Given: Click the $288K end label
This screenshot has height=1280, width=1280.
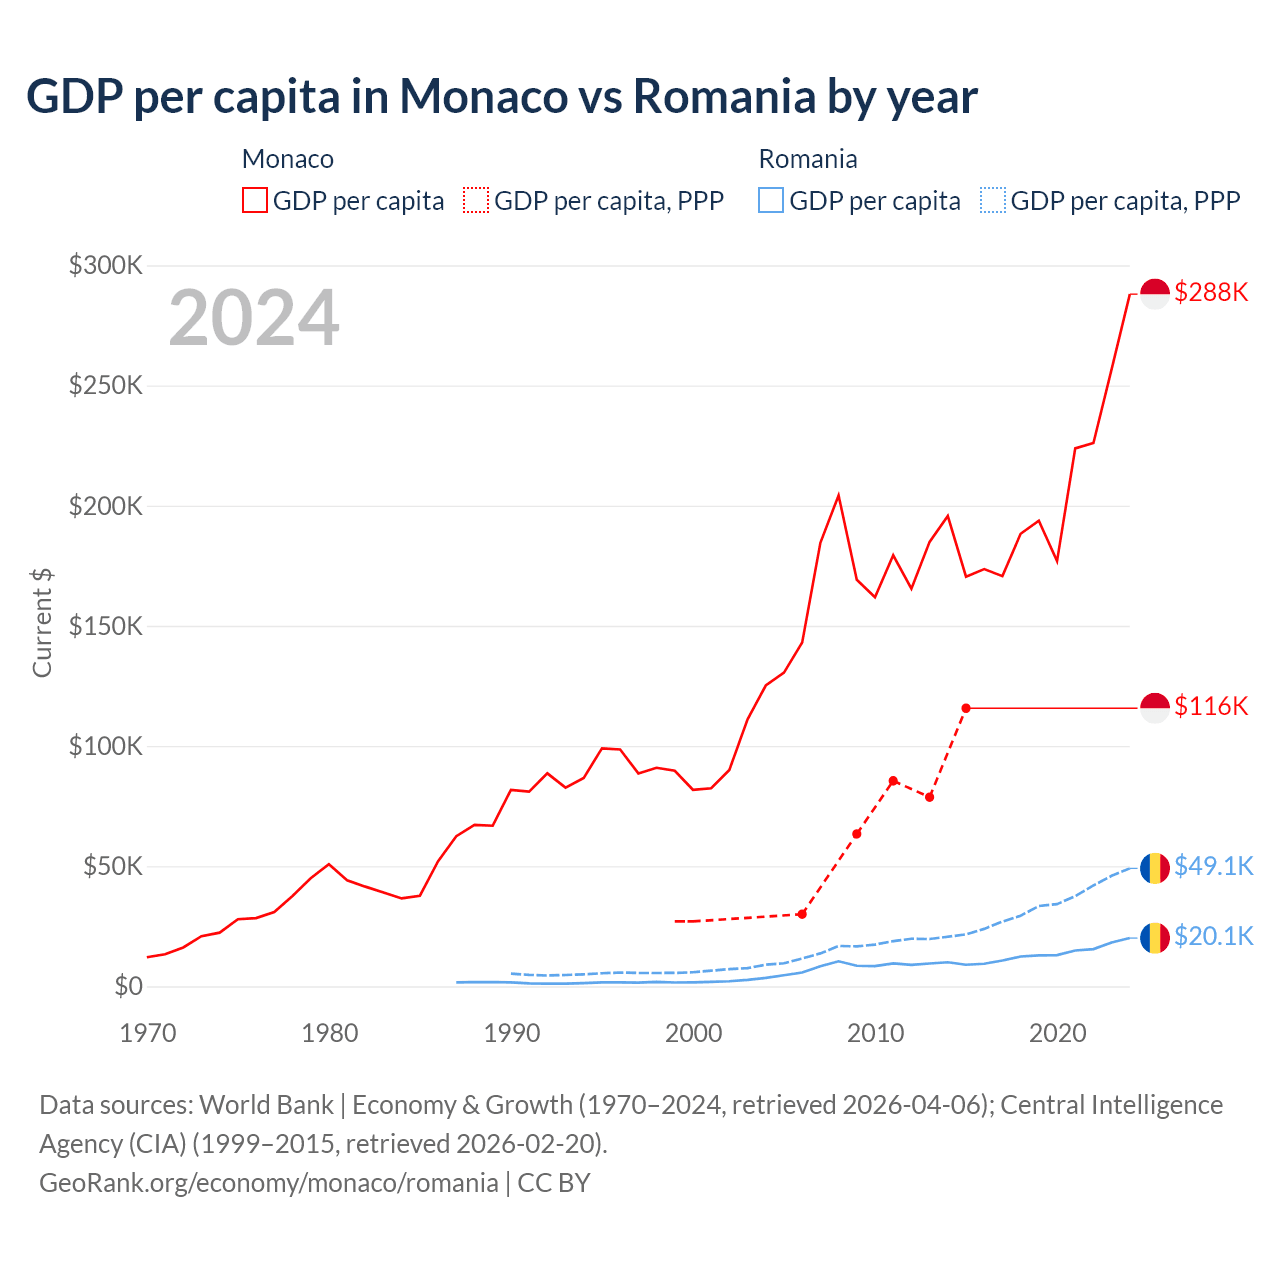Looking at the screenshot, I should (1211, 292).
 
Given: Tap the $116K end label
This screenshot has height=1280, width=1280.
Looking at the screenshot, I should (1211, 706).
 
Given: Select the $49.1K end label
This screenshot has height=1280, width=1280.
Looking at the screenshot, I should (1213, 866).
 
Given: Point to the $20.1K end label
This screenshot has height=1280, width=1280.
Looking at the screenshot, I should (1213, 936).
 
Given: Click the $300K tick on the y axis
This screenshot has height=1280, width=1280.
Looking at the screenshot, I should (106, 265).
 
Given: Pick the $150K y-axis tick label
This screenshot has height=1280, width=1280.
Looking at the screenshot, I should (106, 626).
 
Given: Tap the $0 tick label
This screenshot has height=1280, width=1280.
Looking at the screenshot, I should (128, 987).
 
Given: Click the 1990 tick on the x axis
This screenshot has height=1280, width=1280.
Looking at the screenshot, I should (511, 1033).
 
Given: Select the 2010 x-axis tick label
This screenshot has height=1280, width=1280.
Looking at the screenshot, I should (875, 1033).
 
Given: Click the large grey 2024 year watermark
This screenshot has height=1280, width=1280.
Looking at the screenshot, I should (254, 318).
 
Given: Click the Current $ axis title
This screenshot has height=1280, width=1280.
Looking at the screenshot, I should (42, 622).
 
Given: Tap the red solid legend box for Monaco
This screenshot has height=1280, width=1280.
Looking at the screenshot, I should (255, 200).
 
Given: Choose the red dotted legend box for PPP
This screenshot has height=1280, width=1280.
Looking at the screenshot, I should (476, 200).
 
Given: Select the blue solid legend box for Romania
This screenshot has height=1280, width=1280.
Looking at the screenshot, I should (771, 200).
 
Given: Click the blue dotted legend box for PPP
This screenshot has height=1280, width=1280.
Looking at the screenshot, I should (993, 200).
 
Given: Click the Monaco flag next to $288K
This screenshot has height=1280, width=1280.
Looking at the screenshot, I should (1155, 294).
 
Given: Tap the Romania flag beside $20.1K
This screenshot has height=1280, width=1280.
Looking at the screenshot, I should (1155, 937).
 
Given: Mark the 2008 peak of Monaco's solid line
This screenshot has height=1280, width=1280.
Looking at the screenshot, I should (838, 495).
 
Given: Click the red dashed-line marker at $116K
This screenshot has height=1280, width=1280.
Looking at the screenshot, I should (966, 708).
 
